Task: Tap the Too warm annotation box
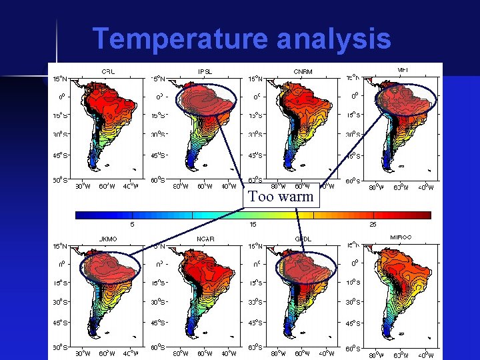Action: click(x=281, y=197)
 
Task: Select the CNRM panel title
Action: click(x=303, y=71)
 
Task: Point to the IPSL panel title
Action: click(x=205, y=71)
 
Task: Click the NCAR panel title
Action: click(x=205, y=238)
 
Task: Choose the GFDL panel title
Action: click(x=303, y=238)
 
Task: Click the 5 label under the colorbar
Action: click(x=132, y=224)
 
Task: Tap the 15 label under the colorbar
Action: click(x=253, y=224)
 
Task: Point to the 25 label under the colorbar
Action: click(x=373, y=224)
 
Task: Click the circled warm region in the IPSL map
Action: click(x=207, y=100)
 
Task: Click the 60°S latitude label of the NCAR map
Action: click(x=157, y=347)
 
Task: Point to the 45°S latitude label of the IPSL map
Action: click(x=157, y=156)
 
